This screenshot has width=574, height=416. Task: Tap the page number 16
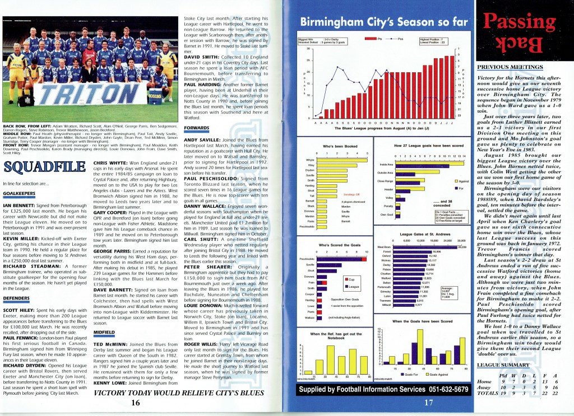(135, 402)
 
